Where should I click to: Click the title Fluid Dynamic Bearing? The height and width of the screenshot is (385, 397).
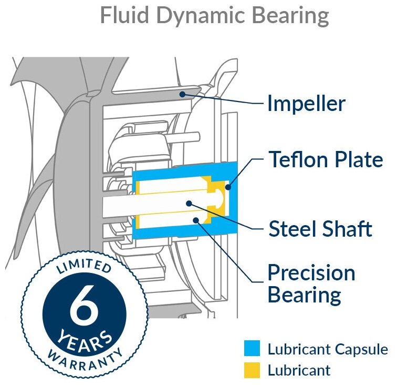pyautogui.click(x=214, y=16)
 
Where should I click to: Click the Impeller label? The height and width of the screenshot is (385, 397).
pyautogui.click(x=306, y=104)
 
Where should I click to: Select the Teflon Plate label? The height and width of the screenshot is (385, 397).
pyautogui.click(x=326, y=159)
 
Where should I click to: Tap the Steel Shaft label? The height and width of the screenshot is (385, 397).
pyautogui.click(x=320, y=229)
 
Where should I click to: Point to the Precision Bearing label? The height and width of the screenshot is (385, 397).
pyautogui.click(x=311, y=283)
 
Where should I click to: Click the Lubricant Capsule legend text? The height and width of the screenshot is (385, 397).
pyautogui.click(x=328, y=349)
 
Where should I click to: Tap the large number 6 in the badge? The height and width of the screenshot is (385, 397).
pyautogui.click(x=83, y=309)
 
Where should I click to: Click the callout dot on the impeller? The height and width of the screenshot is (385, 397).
pyautogui.click(x=182, y=95)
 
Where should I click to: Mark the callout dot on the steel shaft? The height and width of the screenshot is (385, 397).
pyautogui.click(x=187, y=202)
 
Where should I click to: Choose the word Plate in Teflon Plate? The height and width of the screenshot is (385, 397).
pyautogui.click(x=358, y=159)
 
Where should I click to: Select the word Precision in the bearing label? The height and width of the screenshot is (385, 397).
pyautogui.click(x=311, y=273)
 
